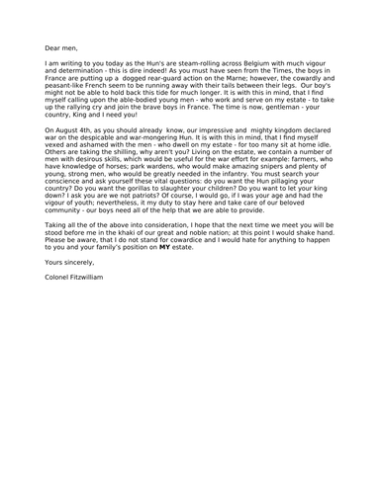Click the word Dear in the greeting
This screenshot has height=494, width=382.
(x=53, y=45)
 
